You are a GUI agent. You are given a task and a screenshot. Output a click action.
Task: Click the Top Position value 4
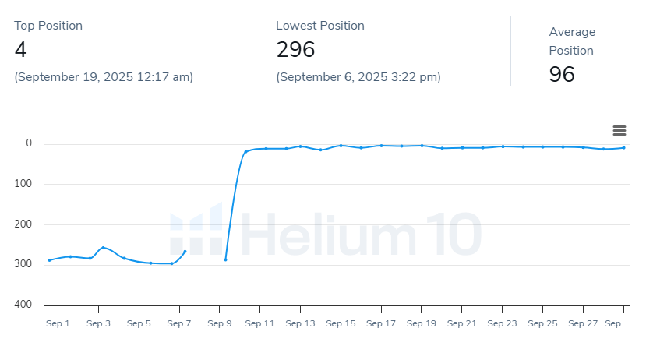20,51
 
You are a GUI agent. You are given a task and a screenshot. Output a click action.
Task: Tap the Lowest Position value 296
295,51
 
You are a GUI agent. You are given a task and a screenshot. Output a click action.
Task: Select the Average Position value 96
562,75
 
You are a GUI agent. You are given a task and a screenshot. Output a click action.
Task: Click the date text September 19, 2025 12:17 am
104,77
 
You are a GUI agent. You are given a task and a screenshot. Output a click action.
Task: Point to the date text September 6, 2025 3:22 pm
358,77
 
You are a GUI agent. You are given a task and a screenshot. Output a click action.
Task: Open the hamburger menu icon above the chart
619,131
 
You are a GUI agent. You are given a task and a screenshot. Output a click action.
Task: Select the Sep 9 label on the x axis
220,323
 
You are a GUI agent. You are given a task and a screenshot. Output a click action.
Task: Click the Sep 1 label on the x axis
58,323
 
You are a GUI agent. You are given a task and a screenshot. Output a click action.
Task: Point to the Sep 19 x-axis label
422,323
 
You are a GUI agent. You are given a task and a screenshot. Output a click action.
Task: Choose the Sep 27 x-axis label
584,323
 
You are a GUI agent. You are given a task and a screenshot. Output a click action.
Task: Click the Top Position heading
48,26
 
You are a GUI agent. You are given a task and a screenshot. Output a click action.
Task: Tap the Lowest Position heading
320,26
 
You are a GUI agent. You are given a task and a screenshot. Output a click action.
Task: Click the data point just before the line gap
185,252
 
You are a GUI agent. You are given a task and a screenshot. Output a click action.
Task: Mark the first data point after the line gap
225,259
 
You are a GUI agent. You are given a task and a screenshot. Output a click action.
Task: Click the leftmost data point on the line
50,260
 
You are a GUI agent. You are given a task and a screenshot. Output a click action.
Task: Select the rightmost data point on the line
623,148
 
